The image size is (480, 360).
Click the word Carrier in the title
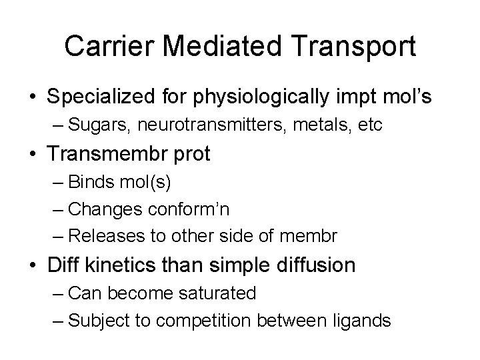112,46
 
